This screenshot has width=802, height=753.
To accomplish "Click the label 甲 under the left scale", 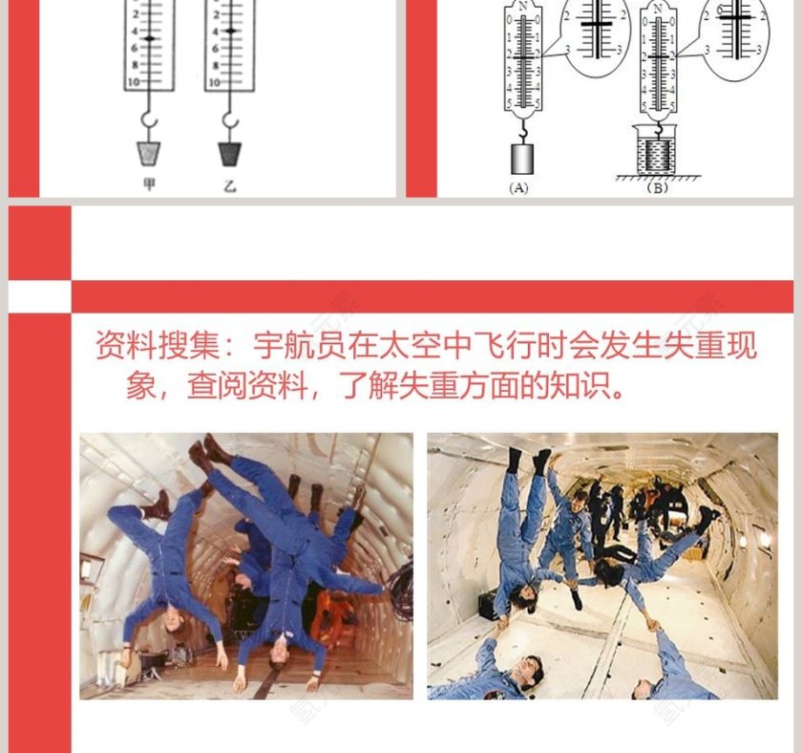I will [148, 185].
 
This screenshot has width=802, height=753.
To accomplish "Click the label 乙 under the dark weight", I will [229, 185].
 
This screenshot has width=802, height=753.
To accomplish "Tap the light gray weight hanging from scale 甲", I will [148, 153].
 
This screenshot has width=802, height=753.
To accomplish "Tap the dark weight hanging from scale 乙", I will [229, 153].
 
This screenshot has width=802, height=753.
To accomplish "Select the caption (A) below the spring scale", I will [518, 188].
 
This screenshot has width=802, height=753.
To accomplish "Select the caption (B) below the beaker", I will [656, 188].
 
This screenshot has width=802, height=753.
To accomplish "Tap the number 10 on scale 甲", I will [133, 83].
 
